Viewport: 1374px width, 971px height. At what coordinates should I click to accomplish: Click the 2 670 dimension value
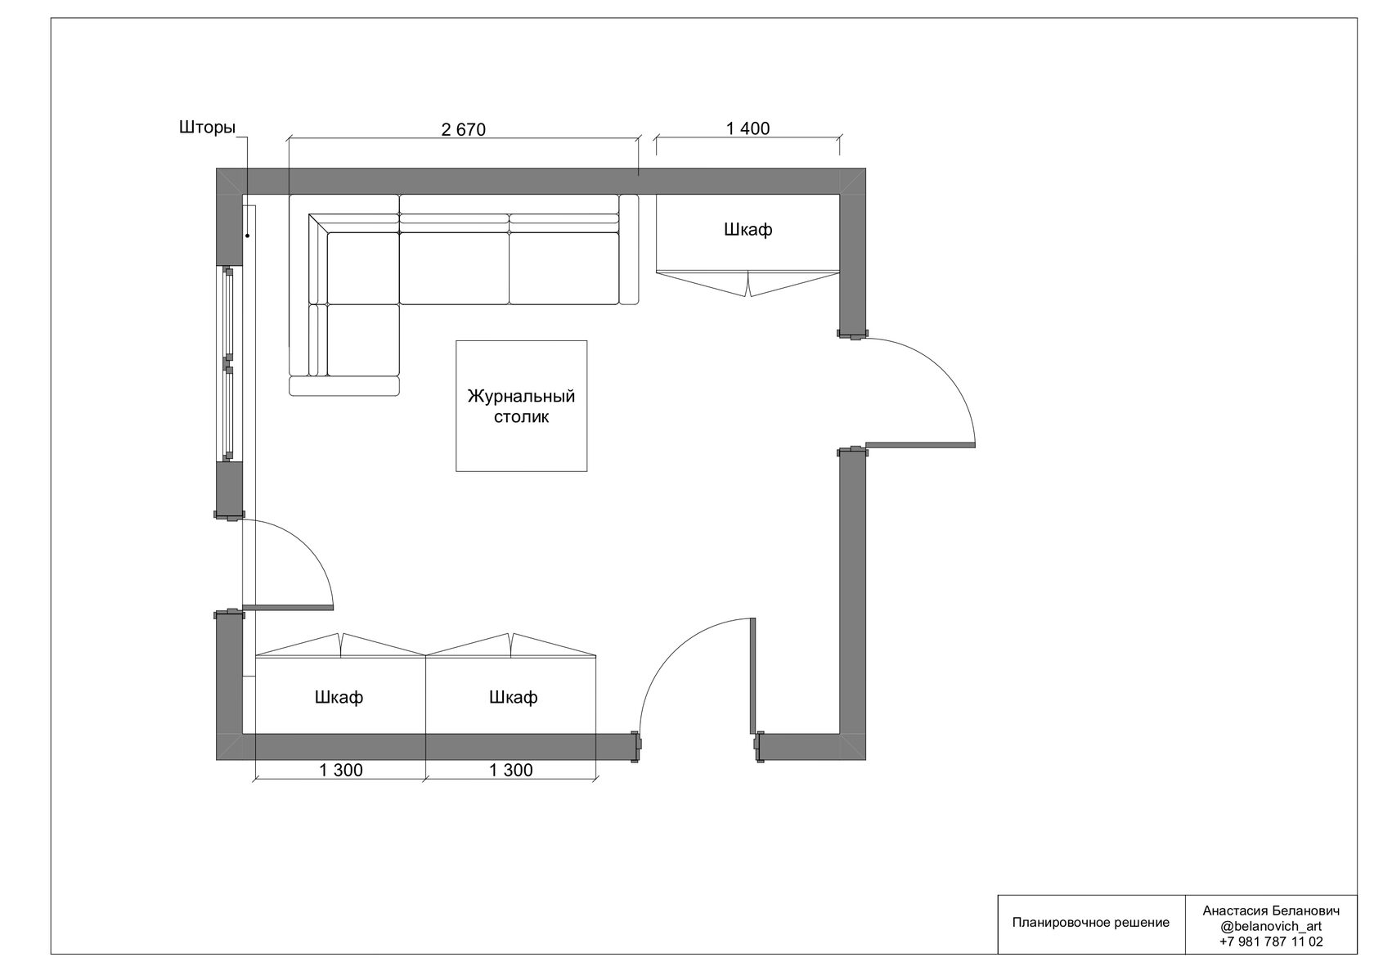tap(463, 129)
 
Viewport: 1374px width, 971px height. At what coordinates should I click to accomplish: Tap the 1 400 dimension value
tap(748, 128)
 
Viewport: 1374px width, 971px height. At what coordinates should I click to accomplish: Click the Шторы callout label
tap(208, 128)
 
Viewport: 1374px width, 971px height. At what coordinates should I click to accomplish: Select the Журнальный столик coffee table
tap(522, 406)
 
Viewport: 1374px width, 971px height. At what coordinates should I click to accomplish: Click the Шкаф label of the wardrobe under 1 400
tap(748, 229)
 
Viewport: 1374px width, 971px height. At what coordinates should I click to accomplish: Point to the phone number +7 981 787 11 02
tap(1270, 942)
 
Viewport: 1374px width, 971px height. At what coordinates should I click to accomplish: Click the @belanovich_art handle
tap(1271, 926)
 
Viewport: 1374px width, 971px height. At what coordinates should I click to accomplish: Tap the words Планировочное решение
tap(1091, 923)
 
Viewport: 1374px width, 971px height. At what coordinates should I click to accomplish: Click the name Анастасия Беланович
tap(1271, 911)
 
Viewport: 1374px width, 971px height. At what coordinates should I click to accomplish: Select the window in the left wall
tap(229, 364)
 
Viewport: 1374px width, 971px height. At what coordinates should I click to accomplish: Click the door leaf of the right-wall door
tap(920, 445)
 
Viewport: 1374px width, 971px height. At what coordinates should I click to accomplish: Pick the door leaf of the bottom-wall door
tap(753, 676)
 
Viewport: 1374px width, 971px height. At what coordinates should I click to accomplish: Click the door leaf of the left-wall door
tap(288, 607)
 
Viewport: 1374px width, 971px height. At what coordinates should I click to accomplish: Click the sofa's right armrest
tap(629, 249)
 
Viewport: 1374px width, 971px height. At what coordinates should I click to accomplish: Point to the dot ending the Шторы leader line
tap(248, 236)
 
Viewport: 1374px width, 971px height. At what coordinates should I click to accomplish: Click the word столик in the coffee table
tap(522, 417)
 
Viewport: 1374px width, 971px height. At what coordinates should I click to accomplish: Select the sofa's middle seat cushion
tap(454, 268)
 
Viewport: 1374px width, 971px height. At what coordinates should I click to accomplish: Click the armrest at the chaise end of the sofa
tap(344, 386)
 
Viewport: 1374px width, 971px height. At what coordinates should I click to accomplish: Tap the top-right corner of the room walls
tap(865, 168)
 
